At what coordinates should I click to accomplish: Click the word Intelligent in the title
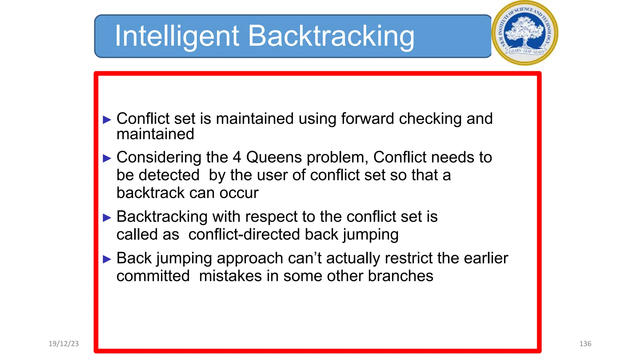pyautogui.click(x=177, y=37)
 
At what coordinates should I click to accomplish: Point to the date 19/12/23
pyautogui.click(x=64, y=344)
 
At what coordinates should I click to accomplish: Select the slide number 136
pyautogui.click(x=585, y=344)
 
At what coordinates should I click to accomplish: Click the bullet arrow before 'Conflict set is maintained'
pyautogui.click(x=107, y=120)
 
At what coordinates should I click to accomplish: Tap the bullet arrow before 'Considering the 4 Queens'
pyautogui.click(x=107, y=158)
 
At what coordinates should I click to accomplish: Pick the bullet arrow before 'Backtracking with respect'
pyautogui.click(x=107, y=217)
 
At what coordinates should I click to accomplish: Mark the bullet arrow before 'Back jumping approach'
pyautogui.click(x=107, y=259)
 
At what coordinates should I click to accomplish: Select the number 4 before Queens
pyautogui.click(x=237, y=157)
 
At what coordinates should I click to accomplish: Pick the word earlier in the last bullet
pyautogui.click(x=486, y=258)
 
